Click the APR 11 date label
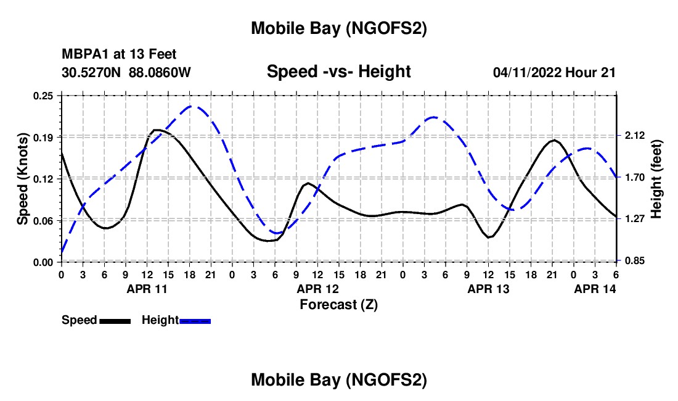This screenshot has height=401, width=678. (x=147, y=289)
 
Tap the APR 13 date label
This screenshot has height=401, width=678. (x=489, y=289)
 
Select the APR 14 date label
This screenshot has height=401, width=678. (x=595, y=289)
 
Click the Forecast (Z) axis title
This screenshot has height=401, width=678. (x=339, y=304)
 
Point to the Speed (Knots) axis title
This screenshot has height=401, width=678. (x=22, y=179)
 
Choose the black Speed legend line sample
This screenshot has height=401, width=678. (x=114, y=321)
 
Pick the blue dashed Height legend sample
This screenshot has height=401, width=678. (x=195, y=321)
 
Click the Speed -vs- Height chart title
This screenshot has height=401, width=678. (x=338, y=72)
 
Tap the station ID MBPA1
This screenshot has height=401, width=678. (x=81, y=55)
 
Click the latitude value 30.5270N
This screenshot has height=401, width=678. (x=92, y=72)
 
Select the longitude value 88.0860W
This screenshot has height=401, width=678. (x=160, y=72)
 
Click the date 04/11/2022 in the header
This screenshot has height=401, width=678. (x=528, y=73)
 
